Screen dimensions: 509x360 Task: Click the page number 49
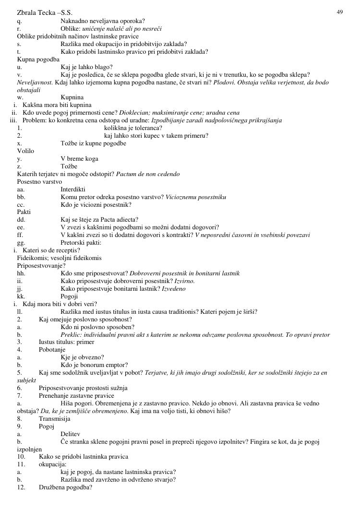click(x=340, y=12)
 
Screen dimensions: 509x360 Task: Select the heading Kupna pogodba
click(x=38, y=59)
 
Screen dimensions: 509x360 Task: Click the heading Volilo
click(x=25, y=151)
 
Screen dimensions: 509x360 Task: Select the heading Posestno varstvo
click(x=39, y=182)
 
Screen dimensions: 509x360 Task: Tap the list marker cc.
click(x=21, y=204)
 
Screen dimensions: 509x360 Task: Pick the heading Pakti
click(x=24, y=212)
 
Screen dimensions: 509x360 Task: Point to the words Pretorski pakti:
click(x=81, y=243)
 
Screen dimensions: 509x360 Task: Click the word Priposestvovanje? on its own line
click(x=41, y=266)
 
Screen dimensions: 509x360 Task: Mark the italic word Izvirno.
click(x=185, y=281)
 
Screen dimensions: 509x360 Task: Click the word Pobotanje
click(x=52, y=350)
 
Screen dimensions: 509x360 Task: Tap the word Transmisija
click(x=54, y=418)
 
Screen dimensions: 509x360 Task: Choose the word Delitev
click(x=70, y=434)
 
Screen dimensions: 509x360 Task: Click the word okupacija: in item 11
click(x=52, y=464)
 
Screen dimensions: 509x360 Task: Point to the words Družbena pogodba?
click(x=65, y=487)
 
